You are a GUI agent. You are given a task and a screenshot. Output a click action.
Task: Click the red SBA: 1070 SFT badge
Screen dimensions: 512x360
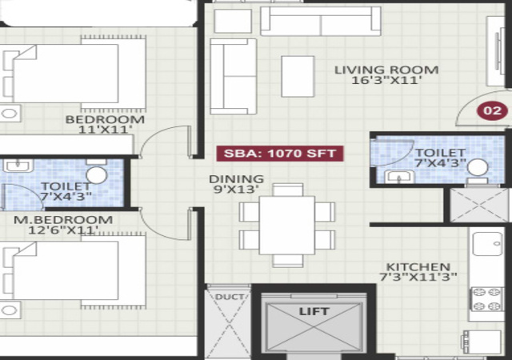(280, 154)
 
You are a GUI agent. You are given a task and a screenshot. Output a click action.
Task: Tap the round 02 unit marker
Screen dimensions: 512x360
(493, 110)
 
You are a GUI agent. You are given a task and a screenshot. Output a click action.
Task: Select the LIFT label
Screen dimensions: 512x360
(314, 311)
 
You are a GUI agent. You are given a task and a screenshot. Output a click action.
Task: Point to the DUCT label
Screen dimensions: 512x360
(230, 297)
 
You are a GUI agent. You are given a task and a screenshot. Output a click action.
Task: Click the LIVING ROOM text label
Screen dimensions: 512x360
(386, 70)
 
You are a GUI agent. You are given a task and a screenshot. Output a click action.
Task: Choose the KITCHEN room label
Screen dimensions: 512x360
(418, 267)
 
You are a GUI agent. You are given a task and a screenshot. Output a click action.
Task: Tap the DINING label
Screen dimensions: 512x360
(236, 179)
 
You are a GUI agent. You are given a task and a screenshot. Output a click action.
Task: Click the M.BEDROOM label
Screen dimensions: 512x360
(63, 219)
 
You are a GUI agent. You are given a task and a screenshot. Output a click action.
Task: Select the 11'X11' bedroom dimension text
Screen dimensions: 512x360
(106, 130)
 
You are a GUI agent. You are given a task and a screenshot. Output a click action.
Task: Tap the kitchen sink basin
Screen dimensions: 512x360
(488, 244)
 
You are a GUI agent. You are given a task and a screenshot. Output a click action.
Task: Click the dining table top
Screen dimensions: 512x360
(287, 226)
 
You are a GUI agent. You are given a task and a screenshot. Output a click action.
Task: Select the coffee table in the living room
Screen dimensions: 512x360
(298, 77)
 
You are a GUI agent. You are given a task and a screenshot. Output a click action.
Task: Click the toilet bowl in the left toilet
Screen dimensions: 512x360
(96, 174)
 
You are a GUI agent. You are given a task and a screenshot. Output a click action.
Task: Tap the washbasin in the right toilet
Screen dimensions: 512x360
(399, 177)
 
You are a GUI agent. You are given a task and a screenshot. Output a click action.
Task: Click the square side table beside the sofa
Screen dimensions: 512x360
(233, 21)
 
